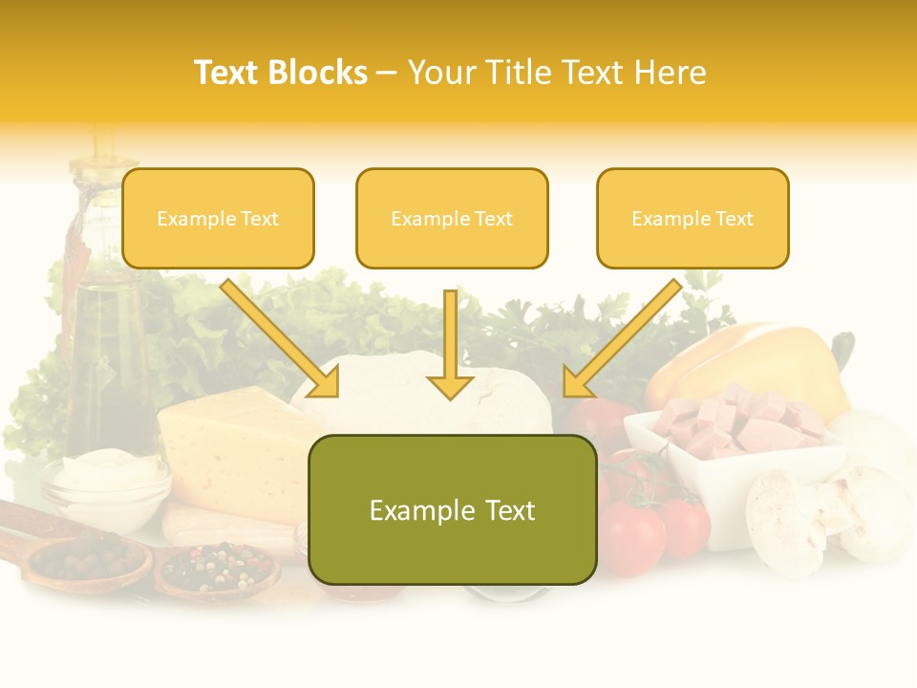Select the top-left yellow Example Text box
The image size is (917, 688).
[218, 219]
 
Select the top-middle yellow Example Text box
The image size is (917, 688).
[452, 219]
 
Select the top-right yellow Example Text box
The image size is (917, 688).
[693, 219]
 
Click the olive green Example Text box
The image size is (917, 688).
[453, 509]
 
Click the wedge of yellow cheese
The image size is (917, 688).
[229, 449]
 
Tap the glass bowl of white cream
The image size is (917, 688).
[105, 483]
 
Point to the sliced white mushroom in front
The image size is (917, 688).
[788, 521]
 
